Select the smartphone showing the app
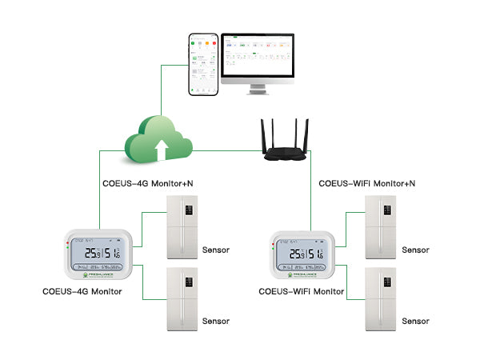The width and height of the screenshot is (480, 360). pos(202,63)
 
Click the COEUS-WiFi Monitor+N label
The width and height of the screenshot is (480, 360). pos(367,183)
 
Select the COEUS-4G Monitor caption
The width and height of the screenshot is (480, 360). pos(82,291)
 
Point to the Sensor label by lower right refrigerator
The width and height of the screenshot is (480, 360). pos(415,321)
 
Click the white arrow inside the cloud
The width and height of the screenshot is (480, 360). pos(162,147)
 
